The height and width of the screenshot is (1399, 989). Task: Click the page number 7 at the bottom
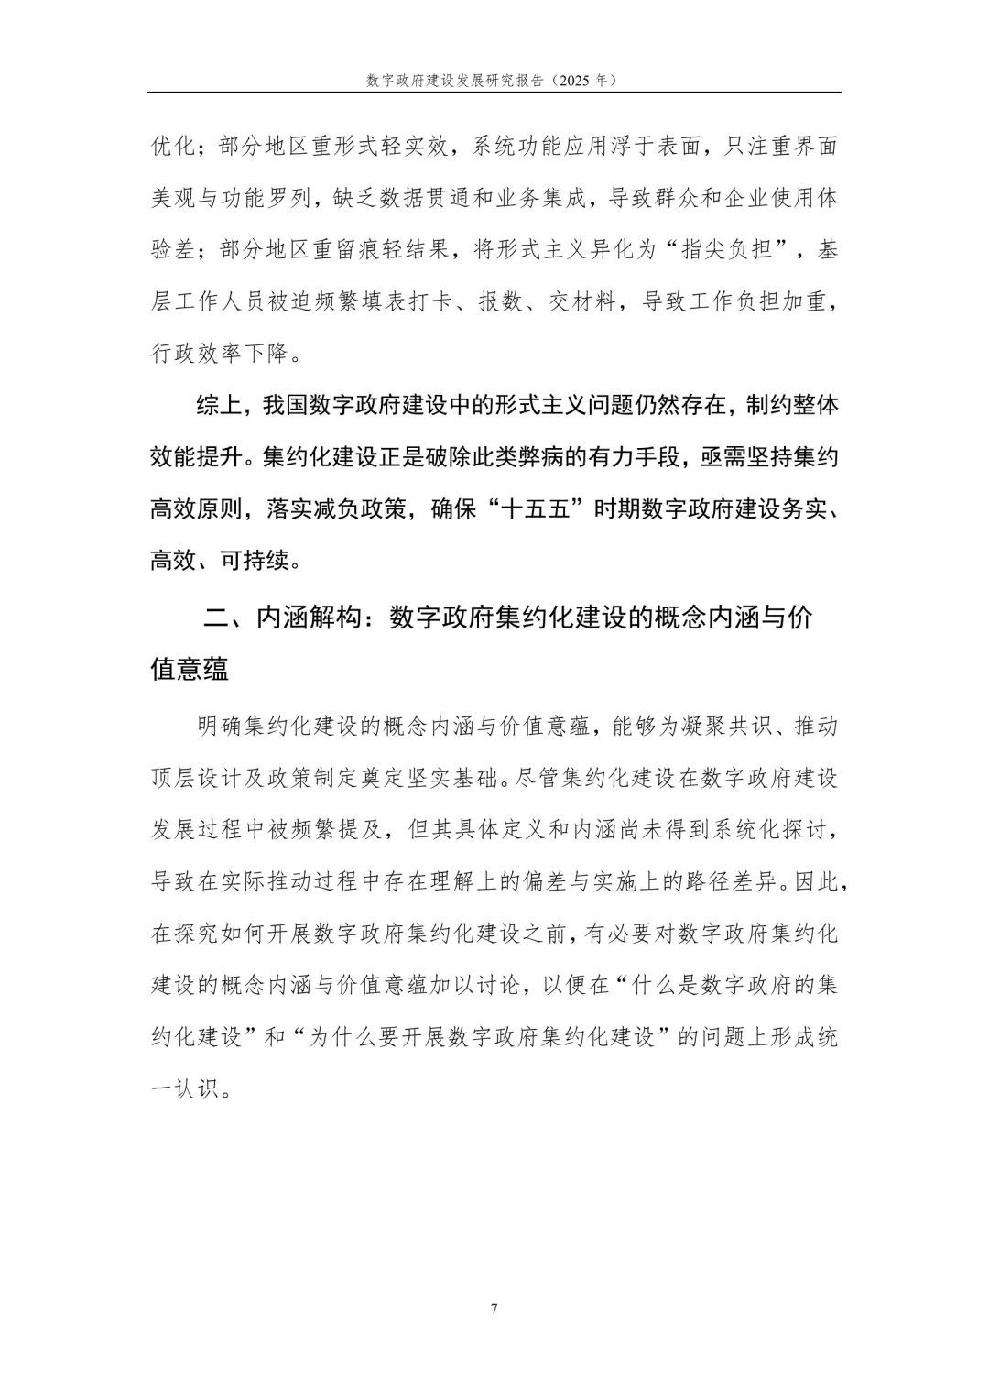point(494,1308)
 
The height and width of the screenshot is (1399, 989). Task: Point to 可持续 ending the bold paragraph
point(254,561)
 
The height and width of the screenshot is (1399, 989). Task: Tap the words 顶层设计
point(196,779)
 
